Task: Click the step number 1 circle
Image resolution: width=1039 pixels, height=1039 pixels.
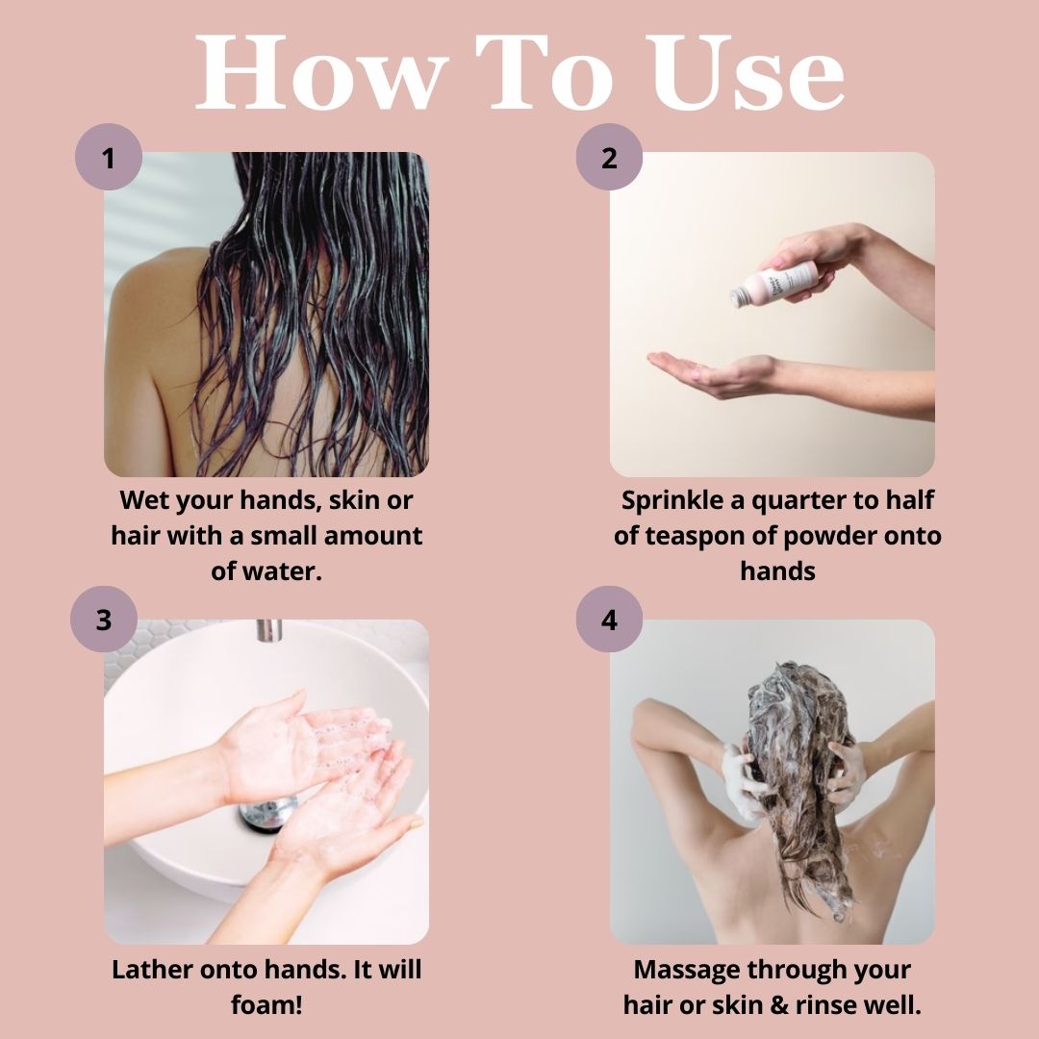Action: [x=109, y=157]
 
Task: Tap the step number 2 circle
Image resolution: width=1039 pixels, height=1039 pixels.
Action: [x=609, y=157]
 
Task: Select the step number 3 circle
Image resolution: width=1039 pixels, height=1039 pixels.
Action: [x=104, y=620]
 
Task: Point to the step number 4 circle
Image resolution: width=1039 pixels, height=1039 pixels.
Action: [x=609, y=620]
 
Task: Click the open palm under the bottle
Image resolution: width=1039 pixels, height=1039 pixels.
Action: [x=702, y=371]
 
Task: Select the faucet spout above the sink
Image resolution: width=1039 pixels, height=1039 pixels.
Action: [x=269, y=631]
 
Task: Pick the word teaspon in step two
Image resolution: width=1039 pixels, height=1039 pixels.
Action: [x=708, y=536]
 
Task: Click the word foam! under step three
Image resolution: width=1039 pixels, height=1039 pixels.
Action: [x=266, y=1004]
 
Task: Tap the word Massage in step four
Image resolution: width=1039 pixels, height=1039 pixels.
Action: [x=685, y=969]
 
